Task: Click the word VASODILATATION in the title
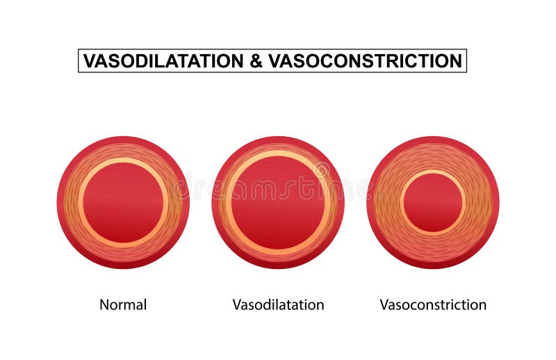tap(163, 61)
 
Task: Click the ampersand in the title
tap(255, 61)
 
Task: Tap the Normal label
tap(123, 304)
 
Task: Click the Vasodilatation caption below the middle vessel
tap(278, 304)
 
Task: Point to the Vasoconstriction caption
tap(433, 304)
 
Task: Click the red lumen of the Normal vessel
tap(123, 202)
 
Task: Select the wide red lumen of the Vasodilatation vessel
tap(278, 202)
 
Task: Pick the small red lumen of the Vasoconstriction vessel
tap(433, 202)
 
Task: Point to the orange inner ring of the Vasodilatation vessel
tap(228, 202)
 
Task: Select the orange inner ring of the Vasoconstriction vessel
tap(401, 202)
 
